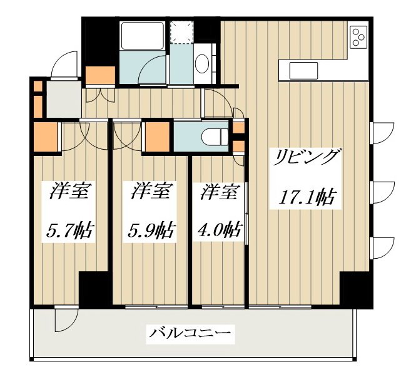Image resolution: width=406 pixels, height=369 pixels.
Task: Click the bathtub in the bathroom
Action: tap(141, 37)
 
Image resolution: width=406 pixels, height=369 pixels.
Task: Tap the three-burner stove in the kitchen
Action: tap(358, 38)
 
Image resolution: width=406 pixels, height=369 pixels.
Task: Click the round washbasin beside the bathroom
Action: tap(202, 63)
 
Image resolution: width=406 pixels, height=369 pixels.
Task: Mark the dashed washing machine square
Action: tap(184, 32)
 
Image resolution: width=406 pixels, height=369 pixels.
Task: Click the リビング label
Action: tap(306, 157)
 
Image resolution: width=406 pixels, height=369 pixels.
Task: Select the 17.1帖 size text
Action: tap(306, 198)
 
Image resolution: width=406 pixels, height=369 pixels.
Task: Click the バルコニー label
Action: tap(190, 333)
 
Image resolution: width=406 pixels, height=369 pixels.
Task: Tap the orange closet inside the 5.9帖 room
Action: tap(157, 136)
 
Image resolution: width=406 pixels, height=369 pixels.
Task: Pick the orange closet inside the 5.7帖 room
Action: tap(45, 136)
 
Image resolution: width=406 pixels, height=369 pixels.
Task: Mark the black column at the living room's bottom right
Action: tap(355, 289)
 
